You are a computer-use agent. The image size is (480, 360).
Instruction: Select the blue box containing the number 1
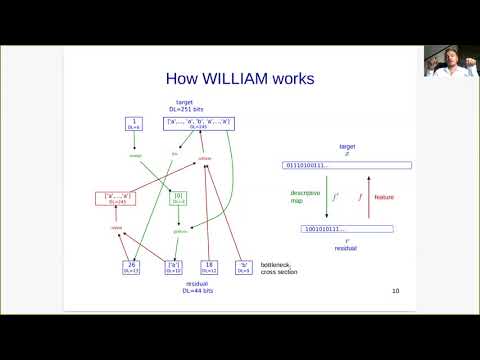(x=133, y=124)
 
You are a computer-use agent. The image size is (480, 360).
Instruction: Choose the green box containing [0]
(x=180, y=199)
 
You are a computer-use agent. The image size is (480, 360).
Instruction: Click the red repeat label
(x=117, y=229)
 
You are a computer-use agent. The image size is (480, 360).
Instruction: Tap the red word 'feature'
(x=384, y=196)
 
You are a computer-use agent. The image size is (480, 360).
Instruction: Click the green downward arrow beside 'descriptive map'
(x=326, y=196)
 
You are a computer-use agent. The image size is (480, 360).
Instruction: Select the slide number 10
(x=396, y=292)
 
